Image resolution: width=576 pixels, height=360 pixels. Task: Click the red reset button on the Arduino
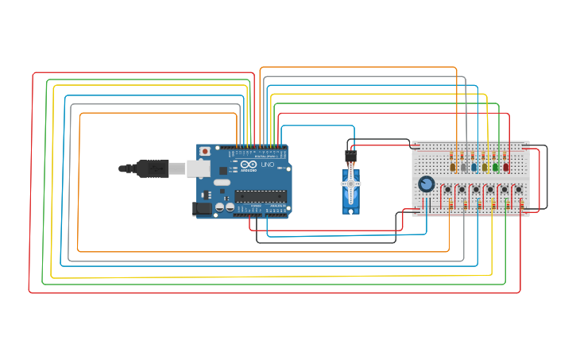pos(205,151)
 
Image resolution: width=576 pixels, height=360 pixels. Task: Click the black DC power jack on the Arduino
pos(202,208)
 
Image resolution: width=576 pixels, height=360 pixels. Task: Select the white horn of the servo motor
pos(350,184)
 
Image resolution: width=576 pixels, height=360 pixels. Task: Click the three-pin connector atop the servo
pos(350,156)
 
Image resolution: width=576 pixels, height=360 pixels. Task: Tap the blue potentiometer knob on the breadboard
pos(427,184)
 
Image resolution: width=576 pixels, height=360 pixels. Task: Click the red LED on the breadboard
pos(506,167)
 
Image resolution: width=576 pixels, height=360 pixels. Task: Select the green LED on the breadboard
pos(496,167)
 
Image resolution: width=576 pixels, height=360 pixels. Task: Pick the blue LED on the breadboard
pos(474,167)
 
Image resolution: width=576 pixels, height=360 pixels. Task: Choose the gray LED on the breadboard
pos(464,167)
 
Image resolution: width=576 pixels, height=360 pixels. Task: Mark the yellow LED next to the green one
pos(485,167)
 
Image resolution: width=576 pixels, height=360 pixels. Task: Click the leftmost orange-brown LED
pos(453,167)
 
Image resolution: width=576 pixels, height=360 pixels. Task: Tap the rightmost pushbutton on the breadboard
pos(518,190)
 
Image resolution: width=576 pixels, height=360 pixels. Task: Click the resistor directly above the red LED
pos(506,156)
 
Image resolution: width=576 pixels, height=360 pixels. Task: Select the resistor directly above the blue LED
pos(474,156)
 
